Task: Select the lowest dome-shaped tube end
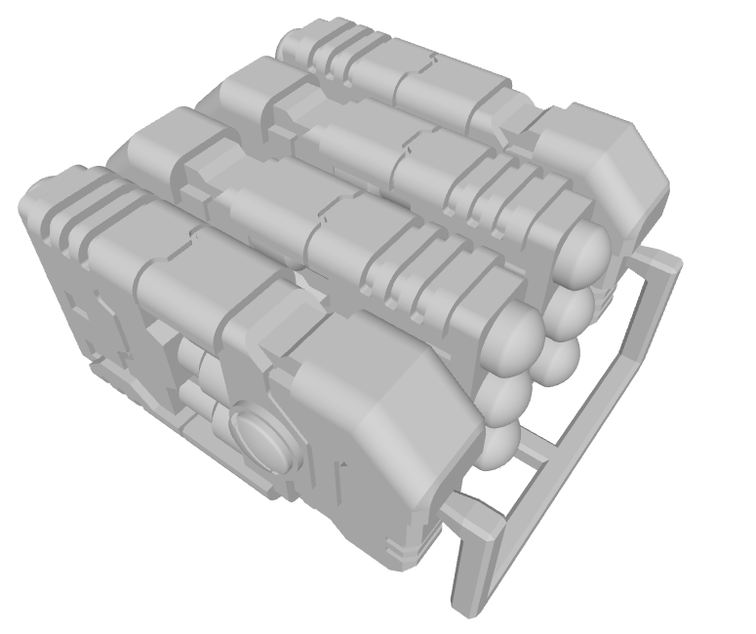pos(499,444)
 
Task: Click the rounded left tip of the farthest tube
pos(288,44)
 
